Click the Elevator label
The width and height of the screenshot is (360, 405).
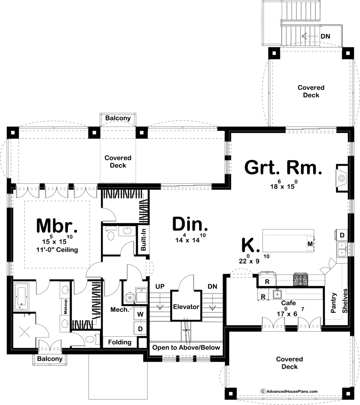(x=186, y=307)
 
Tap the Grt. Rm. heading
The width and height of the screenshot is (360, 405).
(x=283, y=168)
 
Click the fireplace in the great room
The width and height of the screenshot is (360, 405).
(x=342, y=178)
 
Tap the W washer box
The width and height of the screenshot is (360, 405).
(x=140, y=314)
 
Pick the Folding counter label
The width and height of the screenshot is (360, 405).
(x=120, y=342)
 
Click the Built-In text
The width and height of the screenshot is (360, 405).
(x=143, y=239)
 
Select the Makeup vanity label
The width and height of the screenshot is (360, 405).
(x=65, y=307)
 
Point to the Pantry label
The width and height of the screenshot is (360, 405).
(x=334, y=303)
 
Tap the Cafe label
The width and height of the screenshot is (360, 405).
(x=288, y=303)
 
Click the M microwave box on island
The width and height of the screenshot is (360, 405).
(x=310, y=244)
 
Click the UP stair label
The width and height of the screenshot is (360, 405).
(x=160, y=286)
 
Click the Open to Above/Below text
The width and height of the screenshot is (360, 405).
(x=186, y=348)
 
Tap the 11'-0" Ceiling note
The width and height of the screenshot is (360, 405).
(x=57, y=250)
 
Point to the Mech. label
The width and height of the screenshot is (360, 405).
(x=120, y=309)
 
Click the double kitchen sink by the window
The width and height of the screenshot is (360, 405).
(x=342, y=249)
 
